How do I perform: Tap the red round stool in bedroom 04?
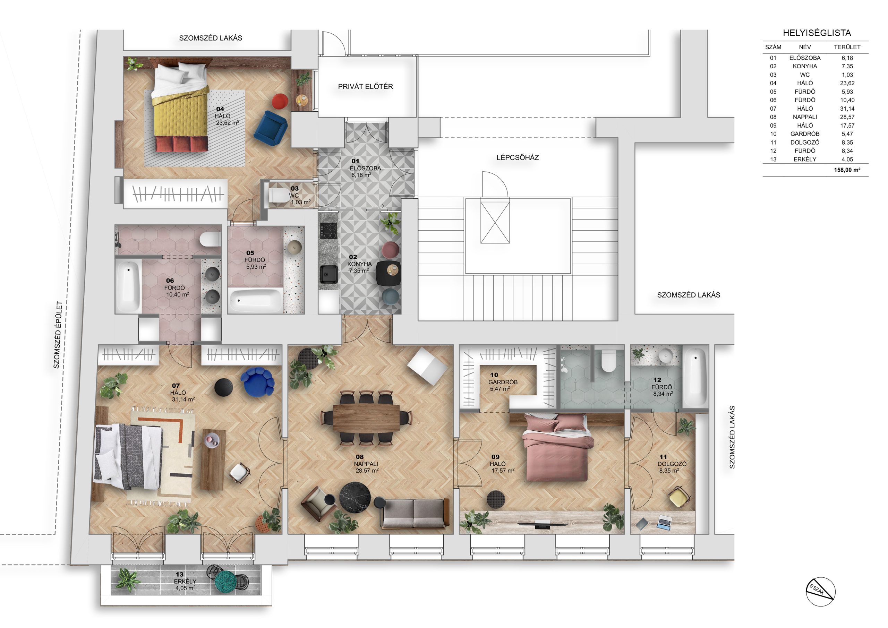click(280, 101)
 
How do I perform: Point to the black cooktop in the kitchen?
click(328, 231)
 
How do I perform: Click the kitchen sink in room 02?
click(329, 274)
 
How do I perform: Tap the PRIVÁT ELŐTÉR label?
click(366, 87)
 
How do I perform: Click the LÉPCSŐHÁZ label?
click(518, 157)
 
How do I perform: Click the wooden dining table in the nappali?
click(366, 418)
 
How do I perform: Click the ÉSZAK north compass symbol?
click(821, 592)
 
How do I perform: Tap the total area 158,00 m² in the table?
click(847, 170)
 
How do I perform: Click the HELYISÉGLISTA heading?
click(817, 33)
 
